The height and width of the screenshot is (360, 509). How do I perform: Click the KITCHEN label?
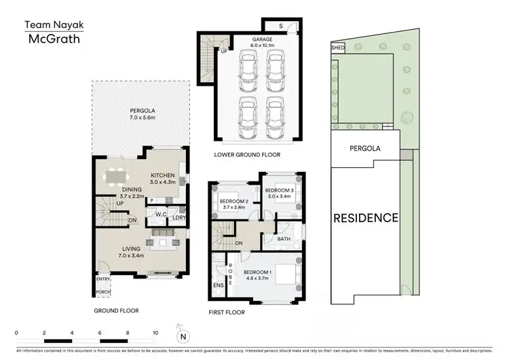163,175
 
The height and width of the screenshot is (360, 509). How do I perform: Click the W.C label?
162,215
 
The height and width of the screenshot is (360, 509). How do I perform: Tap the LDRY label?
178,217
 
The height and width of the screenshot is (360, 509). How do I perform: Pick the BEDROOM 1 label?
258,272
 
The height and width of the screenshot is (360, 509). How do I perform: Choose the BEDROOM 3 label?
278,190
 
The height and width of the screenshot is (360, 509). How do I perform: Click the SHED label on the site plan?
337,49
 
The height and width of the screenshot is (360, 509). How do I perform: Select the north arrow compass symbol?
181,335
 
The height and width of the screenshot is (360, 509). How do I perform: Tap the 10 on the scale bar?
155,334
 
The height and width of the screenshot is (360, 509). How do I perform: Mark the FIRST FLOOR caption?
227,313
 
